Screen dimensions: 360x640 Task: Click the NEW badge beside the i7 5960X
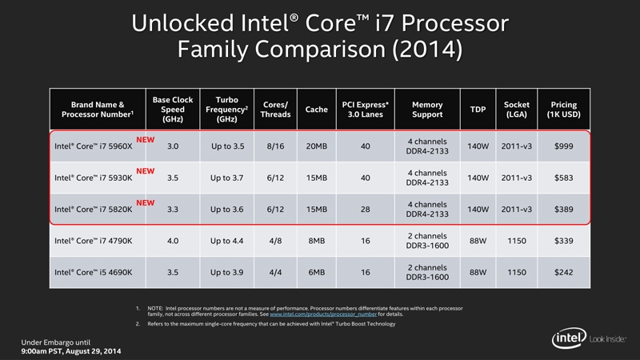145,138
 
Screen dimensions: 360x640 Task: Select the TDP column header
478,110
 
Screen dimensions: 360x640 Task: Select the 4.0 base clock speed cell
173,240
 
